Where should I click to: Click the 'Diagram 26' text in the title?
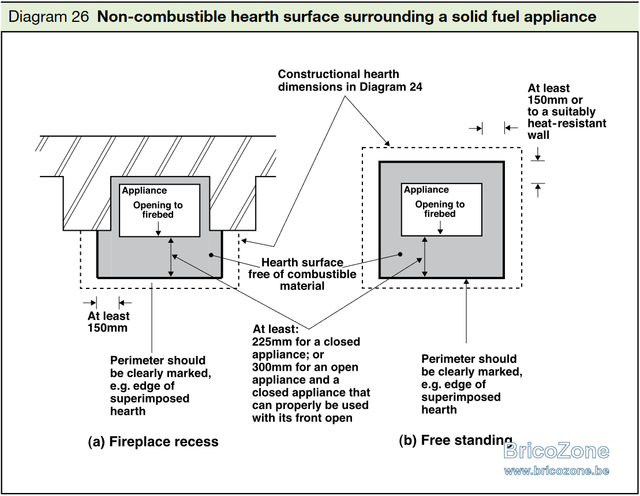pyautogui.click(x=48, y=17)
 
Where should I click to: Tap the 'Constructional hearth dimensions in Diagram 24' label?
pyautogui.click(x=350, y=80)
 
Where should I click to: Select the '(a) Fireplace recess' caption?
pyautogui.click(x=153, y=442)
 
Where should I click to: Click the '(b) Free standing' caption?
pyautogui.click(x=455, y=441)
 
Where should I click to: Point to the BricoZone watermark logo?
pyautogui.click(x=556, y=451)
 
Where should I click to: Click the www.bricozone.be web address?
pyautogui.click(x=556, y=471)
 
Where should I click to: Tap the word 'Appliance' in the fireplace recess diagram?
pyautogui.click(x=144, y=190)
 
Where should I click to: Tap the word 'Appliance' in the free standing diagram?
pyautogui.click(x=426, y=190)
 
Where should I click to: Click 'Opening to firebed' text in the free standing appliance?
pyautogui.click(x=440, y=209)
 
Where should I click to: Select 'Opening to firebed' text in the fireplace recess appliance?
pyautogui.click(x=158, y=210)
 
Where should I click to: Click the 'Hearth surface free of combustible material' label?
pyautogui.click(x=302, y=274)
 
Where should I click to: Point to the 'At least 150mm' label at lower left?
pyautogui.click(x=108, y=322)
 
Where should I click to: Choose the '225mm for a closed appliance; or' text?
pyautogui.click(x=306, y=348)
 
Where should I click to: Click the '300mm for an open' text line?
pyautogui.click(x=305, y=367)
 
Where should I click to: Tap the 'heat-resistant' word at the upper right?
pyautogui.click(x=567, y=123)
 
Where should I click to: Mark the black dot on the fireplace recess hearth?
pyautogui.click(x=211, y=255)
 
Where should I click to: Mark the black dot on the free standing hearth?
pyautogui.click(x=400, y=254)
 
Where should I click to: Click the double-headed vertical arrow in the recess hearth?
pyautogui.click(x=171, y=257)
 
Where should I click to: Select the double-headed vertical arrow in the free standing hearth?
pyautogui.click(x=425, y=257)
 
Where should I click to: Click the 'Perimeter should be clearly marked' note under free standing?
pyautogui.click(x=471, y=384)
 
